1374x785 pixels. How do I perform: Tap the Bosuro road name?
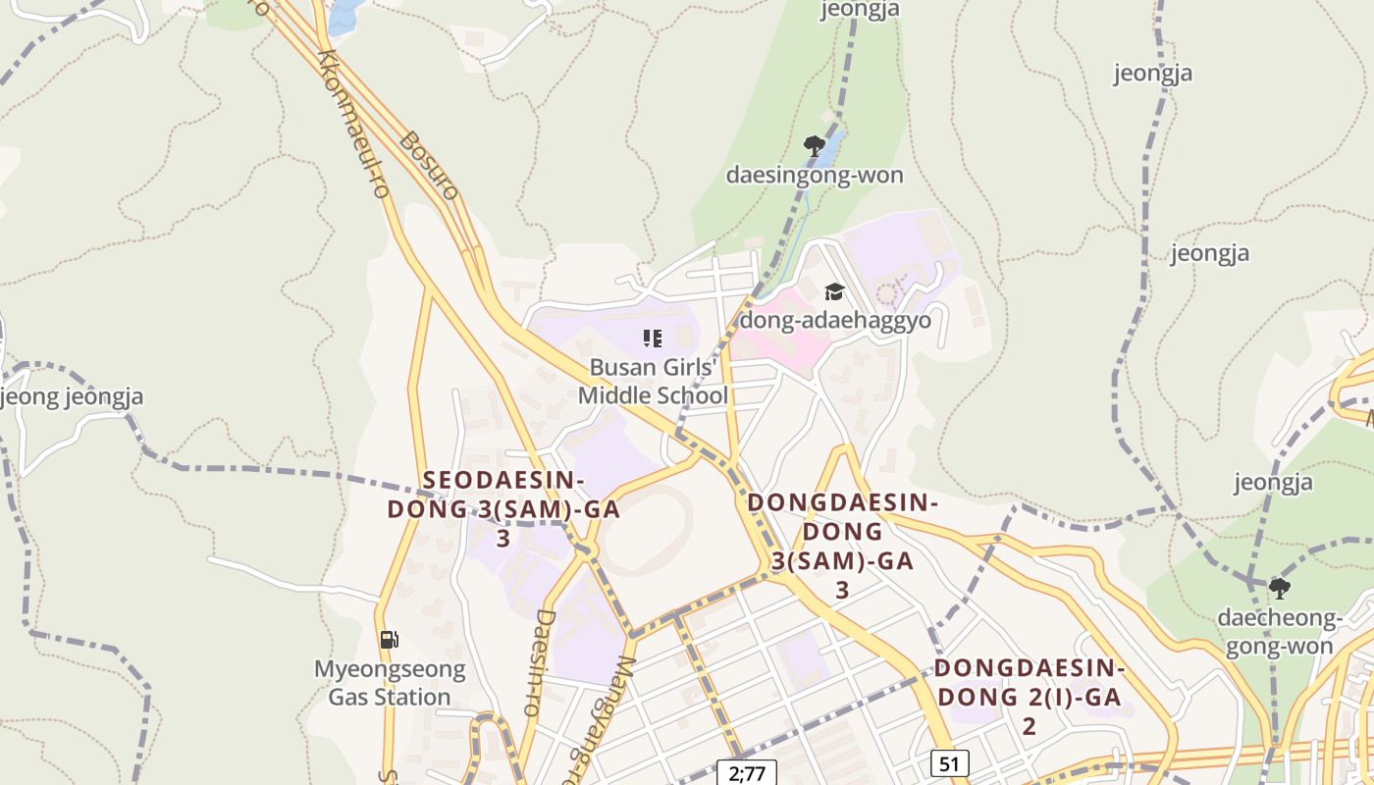430,165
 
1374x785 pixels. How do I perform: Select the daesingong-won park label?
814,176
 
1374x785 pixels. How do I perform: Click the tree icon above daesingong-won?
814,146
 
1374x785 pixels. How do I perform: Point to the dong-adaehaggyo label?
834,321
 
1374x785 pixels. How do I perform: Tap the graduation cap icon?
834,291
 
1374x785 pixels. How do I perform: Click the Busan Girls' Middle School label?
653,382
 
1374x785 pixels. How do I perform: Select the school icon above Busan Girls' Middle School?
653,339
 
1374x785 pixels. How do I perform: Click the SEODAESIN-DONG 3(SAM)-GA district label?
502,509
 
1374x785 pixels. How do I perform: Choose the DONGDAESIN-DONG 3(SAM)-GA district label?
842,546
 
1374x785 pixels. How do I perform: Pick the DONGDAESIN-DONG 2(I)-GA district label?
1029,697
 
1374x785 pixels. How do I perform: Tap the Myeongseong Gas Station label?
390,683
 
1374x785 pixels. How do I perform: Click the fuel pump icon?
390,640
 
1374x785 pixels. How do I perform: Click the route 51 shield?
949,763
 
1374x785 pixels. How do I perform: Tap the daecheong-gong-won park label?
1279,632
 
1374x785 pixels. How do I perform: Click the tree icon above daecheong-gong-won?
1279,589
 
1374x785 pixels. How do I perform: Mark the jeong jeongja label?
73,397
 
